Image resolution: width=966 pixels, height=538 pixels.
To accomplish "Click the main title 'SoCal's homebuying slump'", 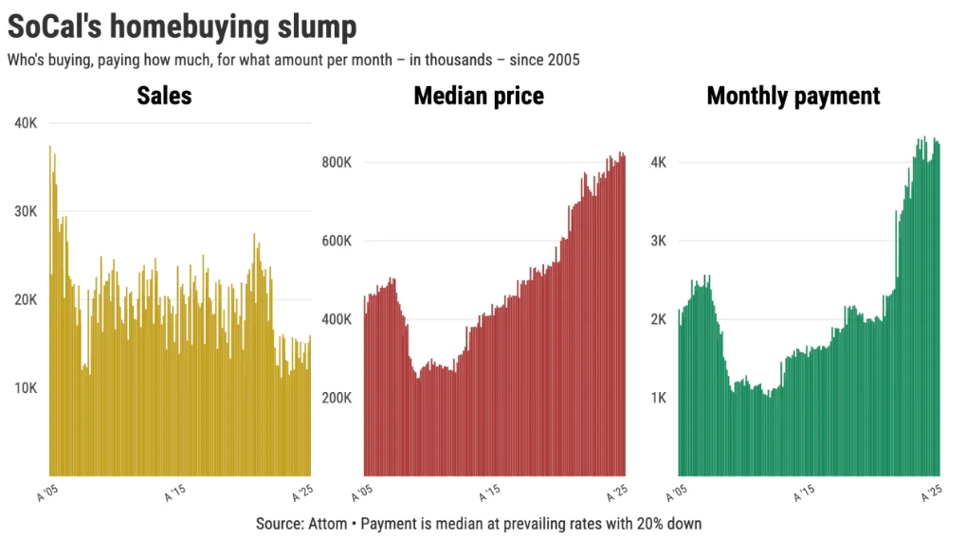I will tap(182, 27).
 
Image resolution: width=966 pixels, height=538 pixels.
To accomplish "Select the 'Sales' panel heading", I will tap(164, 96).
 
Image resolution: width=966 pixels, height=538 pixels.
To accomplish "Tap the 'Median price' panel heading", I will tap(479, 96).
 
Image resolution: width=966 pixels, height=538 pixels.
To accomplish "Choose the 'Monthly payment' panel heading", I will tap(793, 96).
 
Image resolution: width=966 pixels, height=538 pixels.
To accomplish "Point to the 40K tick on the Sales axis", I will tap(26, 123).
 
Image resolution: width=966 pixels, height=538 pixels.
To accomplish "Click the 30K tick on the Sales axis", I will tap(26, 211).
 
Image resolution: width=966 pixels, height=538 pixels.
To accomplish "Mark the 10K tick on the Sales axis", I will tap(26, 387).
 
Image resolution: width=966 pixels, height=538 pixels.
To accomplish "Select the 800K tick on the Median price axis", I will tap(337, 162).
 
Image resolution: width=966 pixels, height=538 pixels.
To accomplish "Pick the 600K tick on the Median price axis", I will tap(337, 241).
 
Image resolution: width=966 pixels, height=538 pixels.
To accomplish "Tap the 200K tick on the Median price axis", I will tap(337, 397).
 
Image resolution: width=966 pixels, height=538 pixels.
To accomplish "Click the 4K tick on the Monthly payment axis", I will tap(658, 162).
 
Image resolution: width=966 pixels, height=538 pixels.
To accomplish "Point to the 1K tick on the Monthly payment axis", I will tap(658, 397).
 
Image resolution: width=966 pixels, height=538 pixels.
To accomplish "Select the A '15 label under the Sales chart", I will tap(175, 493).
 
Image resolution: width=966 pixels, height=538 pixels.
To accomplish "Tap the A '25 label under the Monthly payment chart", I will tap(931, 493).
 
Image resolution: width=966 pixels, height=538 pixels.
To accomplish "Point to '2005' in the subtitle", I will tap(561, 60).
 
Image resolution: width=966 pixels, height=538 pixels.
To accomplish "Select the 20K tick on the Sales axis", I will tap(26, 299).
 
